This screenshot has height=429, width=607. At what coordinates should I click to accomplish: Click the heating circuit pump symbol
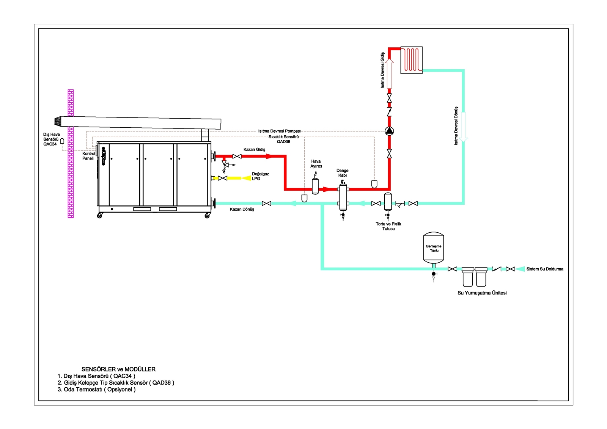click(389, 131)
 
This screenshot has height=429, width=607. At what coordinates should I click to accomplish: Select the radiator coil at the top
click(411, 60)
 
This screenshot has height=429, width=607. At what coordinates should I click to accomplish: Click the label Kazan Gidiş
click(254, 150)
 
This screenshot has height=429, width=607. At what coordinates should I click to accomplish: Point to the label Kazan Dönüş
click(242, 209)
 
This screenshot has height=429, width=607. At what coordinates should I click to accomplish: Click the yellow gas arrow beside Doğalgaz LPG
click(246, 178)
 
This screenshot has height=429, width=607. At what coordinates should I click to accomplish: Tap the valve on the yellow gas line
click(223, 178)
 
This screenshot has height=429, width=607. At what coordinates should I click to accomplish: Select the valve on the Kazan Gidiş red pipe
click(237, 156)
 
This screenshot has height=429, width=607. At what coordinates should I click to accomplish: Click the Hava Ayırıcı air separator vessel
click(315, 186)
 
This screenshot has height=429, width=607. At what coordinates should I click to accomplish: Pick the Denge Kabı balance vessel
click(343, 197)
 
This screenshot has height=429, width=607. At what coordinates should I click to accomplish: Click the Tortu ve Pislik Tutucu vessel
click(388, 202)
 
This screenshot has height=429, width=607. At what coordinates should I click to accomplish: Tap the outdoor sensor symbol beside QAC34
click(62, 141)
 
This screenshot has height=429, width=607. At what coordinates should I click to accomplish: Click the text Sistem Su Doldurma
click(545, 269)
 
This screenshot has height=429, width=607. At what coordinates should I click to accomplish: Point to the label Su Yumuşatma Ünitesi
click(482, 293)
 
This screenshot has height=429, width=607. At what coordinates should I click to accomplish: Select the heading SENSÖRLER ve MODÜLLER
click(118, 369)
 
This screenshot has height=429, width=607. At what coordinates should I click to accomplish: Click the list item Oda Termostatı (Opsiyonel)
click(96, 390)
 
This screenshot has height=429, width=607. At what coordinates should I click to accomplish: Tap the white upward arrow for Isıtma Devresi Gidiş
click(389, 73)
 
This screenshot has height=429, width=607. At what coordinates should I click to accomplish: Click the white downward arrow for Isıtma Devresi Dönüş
click(463, 127)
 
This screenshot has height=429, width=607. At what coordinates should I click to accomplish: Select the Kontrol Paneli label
click(89, 156)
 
